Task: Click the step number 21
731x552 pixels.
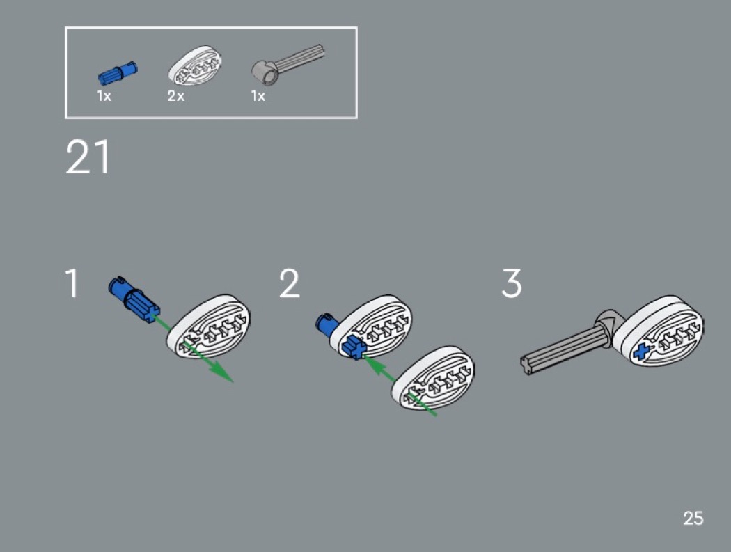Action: [88, 157]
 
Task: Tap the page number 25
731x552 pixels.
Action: [693, 519]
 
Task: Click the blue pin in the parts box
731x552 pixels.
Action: [118, 73]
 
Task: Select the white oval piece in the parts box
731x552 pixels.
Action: [195, 66]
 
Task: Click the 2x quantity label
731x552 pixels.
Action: [175, 96]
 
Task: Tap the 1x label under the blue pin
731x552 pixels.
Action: [104, 96]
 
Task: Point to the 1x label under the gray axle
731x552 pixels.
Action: [258, 96]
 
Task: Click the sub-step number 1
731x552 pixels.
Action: [72, 283]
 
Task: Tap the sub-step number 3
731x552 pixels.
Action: [512, 283]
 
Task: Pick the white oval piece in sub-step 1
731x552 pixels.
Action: [208, 326]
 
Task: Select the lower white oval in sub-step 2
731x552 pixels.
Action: [433, 377]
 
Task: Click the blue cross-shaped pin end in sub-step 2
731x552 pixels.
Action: [354, 347]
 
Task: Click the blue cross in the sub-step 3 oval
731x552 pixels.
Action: [643, 352]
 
